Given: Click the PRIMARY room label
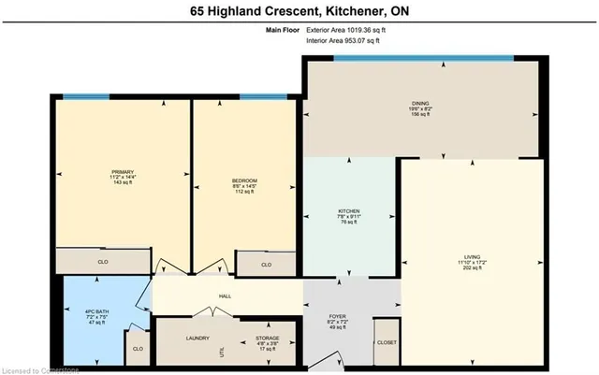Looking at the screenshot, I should (123, 172).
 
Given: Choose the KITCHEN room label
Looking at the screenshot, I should (349, 211).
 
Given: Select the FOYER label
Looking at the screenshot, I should (338, 317).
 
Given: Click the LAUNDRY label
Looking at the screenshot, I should (197, 339).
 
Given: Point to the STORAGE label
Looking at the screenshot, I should (267, 339).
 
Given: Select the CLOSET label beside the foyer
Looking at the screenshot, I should (386, 342).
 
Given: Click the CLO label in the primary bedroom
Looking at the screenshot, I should (103, 263).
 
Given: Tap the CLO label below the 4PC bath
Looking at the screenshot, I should (138, 349).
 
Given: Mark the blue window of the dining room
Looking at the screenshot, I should (423, 58).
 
